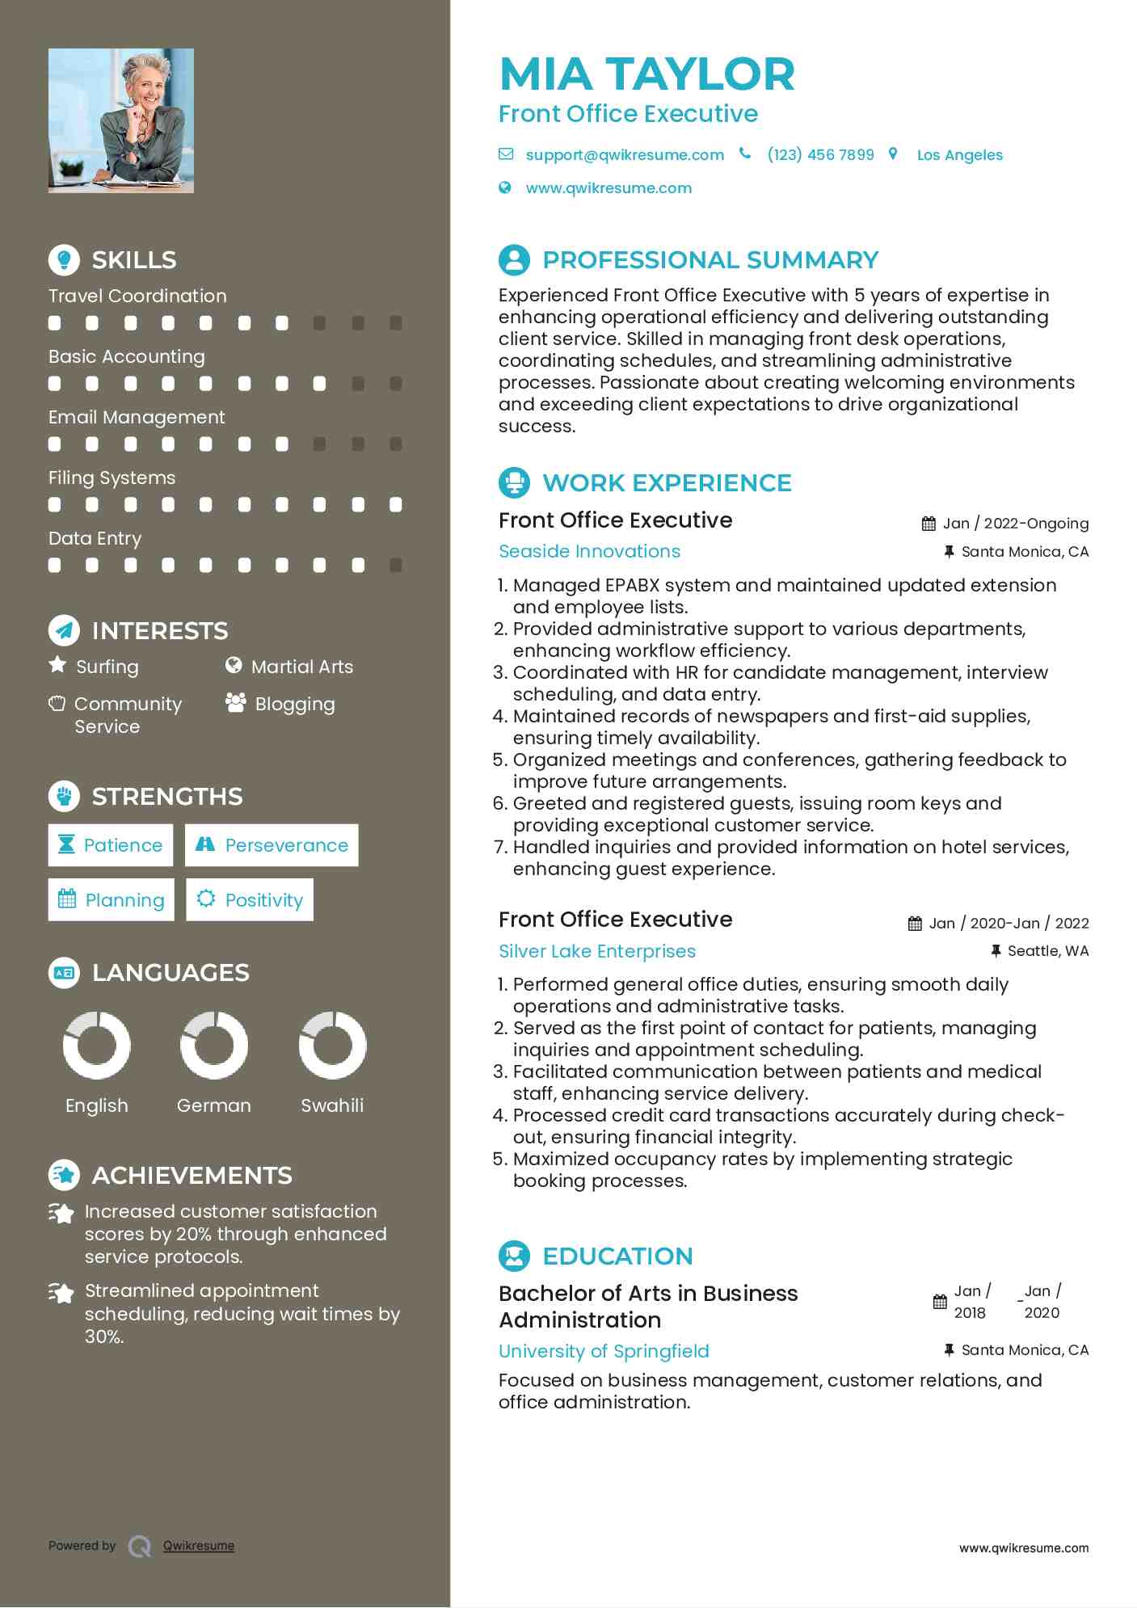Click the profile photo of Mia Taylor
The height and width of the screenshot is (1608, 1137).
pyautogui.click(x=121, y=120)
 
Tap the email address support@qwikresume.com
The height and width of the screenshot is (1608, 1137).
pyautogui.click(x=624, y=154)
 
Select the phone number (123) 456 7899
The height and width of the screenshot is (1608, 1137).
pyautogui.click(x=820, y=154)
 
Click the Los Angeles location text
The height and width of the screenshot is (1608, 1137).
pyautogui.click(x=959, y=155)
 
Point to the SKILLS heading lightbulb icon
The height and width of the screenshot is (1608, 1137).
pyautogui.click(x=64, y=259)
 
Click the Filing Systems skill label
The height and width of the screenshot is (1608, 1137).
pyautogui.click(x=112, y=478)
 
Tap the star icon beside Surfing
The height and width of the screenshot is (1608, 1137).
pyautogui.click(x=57, y=665)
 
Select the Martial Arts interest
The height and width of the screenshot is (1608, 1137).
pyautogui.click(x=301, y=667)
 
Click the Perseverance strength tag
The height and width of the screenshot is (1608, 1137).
pyautogui.click(x=272, y=845)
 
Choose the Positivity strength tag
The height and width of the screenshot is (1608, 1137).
pyautogui.click(x=250, y=900)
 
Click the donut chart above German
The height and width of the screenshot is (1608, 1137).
pyautogui.click(x=214, y=1045)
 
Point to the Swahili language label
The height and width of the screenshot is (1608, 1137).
pyautogui.click(x=332, y=1105)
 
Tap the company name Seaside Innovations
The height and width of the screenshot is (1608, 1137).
pyautogui.click(x=589, y=551)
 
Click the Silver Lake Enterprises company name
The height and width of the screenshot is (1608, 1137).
pyautogui.click(x=596, y=951)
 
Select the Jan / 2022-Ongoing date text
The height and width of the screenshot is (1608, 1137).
pyautogui.click(x=1015, y=524)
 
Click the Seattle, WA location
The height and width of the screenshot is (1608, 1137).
pyautogui.click(x=1047, y=951)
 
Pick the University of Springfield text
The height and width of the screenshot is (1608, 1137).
pyautogui.click(x=604, y=1351)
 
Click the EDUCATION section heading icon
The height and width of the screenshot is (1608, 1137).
pyautogui.click(x=514, y=1256)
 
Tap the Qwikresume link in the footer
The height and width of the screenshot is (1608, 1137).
pyautogui.click(x=199, y=1546)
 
